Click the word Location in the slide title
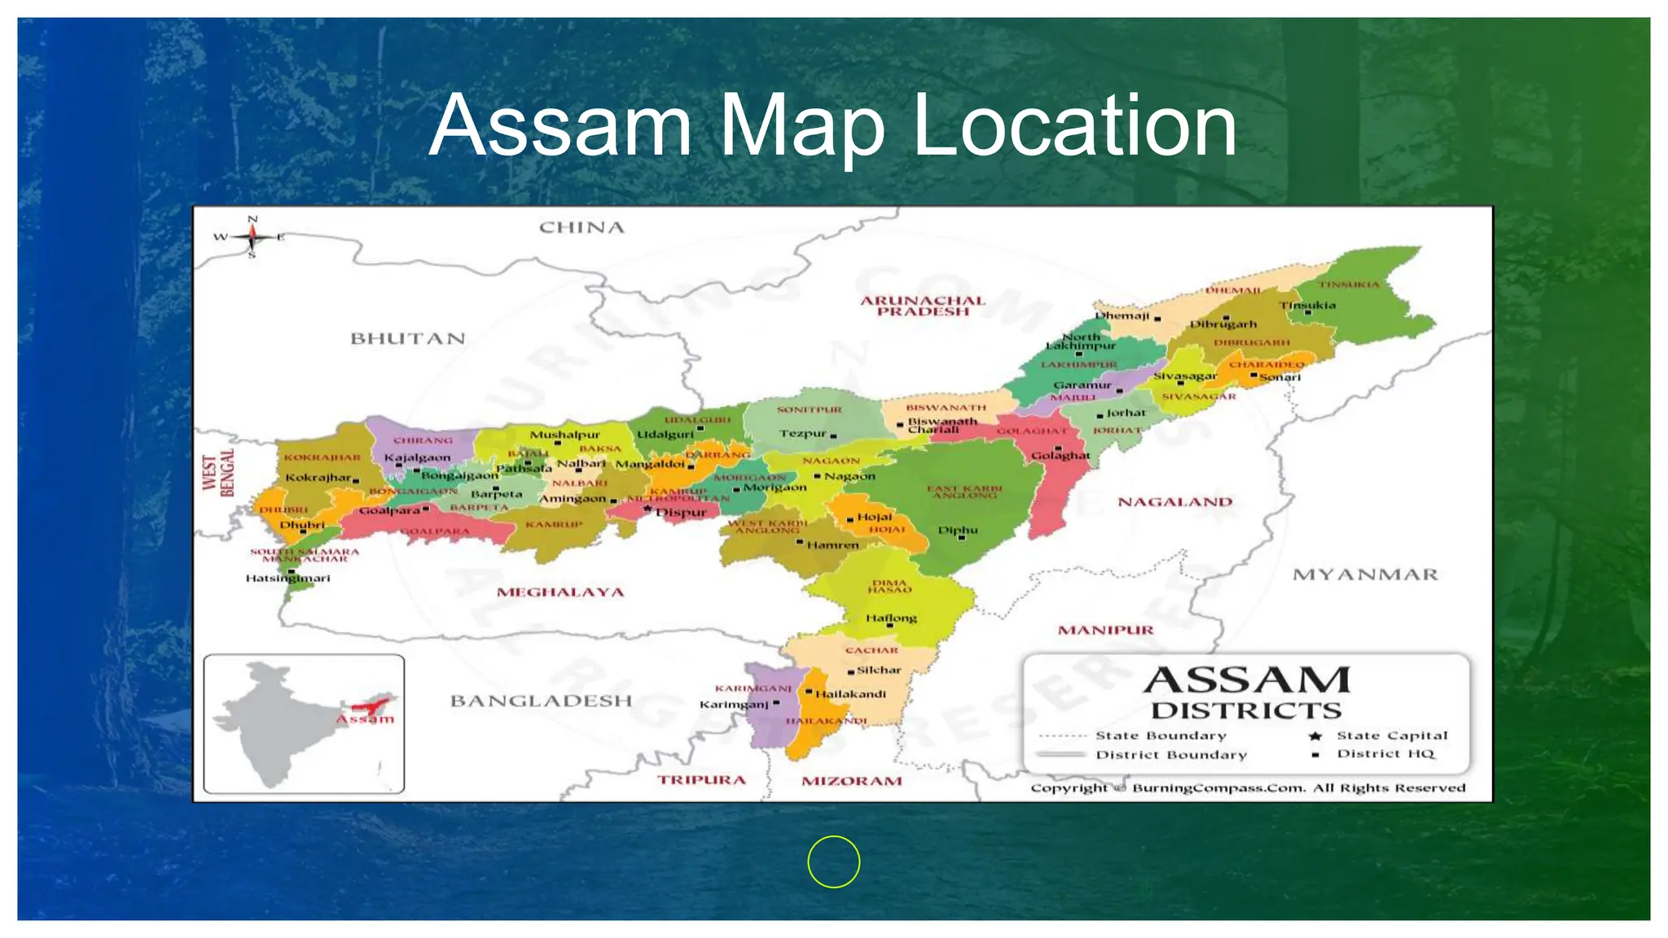click(1074, 126)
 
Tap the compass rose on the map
click(252, 237)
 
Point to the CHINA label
click(582, 228)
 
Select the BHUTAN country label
click(407, 339)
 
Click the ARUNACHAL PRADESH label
click(923, 306)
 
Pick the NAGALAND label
click(1174, 502)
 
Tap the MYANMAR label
click(1365, 575)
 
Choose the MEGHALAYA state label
click(560, 592)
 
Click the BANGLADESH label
click(541, 701)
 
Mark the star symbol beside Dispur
click(647, 509)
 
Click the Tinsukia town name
click(1307, 305)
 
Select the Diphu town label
click(958, 530)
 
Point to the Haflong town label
click(891, 618)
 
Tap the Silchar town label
click(879, 670)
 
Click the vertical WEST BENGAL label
click(218, 473)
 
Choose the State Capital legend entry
click(1392, 735)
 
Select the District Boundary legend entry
click(1170, 755)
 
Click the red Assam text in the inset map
click(366, 719)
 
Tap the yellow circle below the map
click(833, 861)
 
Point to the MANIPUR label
click(1105, 630)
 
